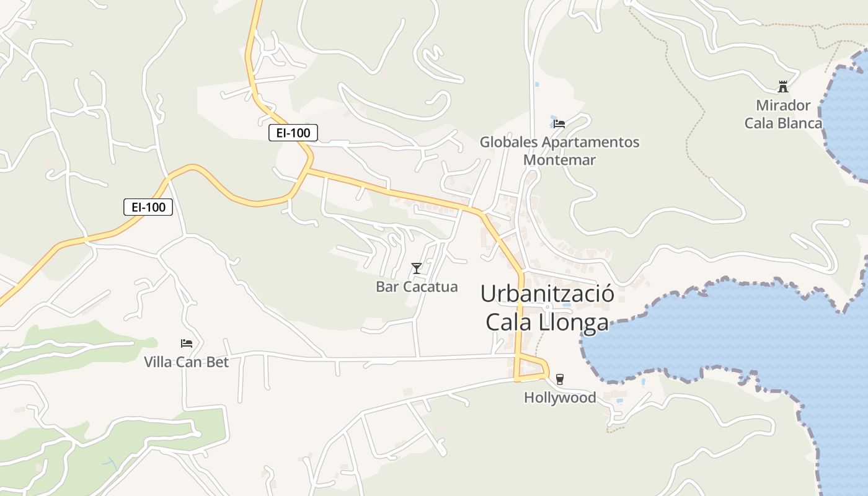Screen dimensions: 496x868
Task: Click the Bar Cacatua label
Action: (x=417, y=286)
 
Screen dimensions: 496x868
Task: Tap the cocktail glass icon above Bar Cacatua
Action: (x=417, y=268)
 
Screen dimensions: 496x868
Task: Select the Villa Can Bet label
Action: (x=186, y=362)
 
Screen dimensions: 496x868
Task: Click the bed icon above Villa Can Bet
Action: (x=187, y=343)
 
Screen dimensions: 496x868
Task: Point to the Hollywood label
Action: (x=560, y=397)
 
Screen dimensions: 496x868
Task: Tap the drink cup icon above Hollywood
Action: (x=560, y=379)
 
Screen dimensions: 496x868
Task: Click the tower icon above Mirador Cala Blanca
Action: (x=782, y=86)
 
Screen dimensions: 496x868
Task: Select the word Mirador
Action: (x=783, y=105)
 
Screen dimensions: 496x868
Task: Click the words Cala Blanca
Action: (x=783, y=123)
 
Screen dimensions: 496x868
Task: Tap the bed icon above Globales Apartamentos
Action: (x=559, y=123)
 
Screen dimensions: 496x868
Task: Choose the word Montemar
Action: (x=559, y=160)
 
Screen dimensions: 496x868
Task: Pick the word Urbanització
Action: (x=547, y=293)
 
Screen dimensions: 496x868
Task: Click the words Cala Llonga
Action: (x=547, y=322)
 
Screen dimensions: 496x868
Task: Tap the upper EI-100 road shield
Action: (x=293, y=133)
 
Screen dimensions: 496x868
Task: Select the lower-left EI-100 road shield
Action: (x=148, y=207)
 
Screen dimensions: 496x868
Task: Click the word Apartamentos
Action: (x=590, y=142)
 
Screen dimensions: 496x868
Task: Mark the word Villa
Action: (x=158, y=362)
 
